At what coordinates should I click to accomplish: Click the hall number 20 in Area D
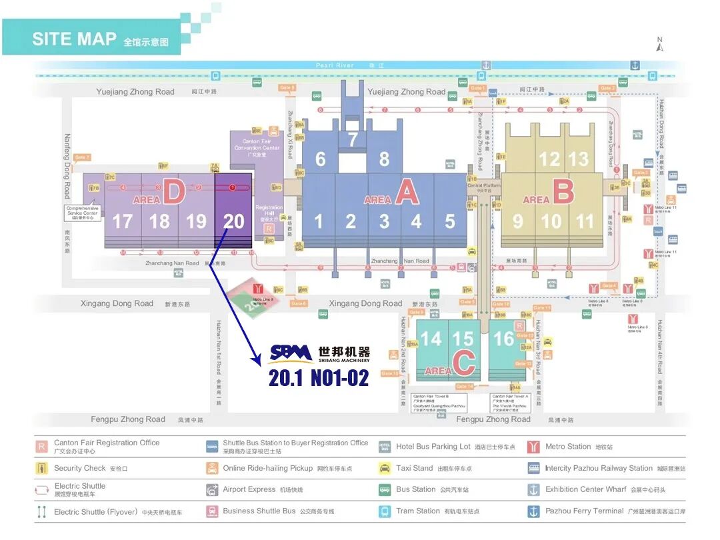coord(233,221)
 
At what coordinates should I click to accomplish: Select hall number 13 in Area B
coord(579,159)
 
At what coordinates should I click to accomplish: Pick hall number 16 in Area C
coord(503,339)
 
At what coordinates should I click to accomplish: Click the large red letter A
coord(407,193)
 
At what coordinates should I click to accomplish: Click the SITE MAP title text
coord(74,39)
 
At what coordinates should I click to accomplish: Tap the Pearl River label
coord(335,65)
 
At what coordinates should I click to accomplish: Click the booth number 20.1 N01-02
coord(319,378)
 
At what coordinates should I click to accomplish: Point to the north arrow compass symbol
coord(659,45)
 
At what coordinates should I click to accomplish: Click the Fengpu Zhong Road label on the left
coord(128,419)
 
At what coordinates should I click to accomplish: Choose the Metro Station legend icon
coord(533,447)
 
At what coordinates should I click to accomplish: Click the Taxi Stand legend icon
coord(385,468)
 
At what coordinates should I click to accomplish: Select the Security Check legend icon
coord(41,468)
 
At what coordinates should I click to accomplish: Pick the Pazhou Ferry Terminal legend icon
coord(533,511)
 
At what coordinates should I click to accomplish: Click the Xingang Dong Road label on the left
coord(117,303)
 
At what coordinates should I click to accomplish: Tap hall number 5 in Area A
coord(450,221)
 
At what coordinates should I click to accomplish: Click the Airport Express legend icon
coord(212,490)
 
